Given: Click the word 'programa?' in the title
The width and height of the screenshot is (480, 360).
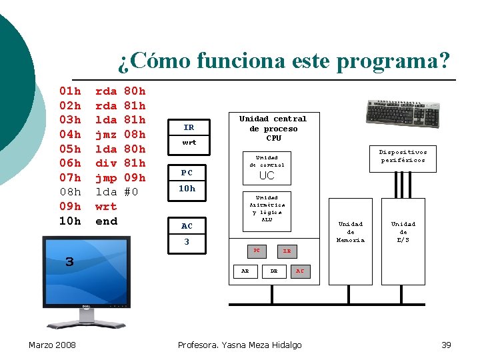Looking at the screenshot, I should [x=393, y=61].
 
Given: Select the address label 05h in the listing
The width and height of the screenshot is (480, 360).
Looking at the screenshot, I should [x=70, y=149].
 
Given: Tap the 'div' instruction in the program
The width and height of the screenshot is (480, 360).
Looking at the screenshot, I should [x=106, y=163].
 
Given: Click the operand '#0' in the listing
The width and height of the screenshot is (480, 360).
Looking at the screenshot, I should [x=131, y=192].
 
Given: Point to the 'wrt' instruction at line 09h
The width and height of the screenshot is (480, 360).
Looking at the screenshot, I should [x=106, y=207].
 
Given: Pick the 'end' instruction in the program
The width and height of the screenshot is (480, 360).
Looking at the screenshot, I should [x=106, y=221].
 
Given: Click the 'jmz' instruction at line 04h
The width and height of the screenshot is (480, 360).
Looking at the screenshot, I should [x=106, y=134].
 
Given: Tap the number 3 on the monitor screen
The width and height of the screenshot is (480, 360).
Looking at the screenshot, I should [x=69, y=262].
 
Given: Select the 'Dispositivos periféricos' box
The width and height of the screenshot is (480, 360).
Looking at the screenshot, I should [x=403, y=156].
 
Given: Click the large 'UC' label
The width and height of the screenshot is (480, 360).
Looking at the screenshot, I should [x=267, y=176].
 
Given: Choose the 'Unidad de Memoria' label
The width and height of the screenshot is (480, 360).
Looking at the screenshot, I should [x=351, y=232].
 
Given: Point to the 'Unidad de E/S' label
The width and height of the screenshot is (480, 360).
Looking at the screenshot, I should [x=403, y=232].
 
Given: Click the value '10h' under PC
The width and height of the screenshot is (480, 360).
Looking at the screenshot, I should [x=187, y=189].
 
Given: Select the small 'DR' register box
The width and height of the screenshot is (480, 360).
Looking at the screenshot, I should [x=273, y=271].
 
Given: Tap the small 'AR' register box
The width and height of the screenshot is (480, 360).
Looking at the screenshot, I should [x=245, y=271].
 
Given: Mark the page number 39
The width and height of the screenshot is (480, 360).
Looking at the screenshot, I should [x=446, y=345].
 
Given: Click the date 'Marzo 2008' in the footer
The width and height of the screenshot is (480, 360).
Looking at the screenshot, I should [x=52, y=345].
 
